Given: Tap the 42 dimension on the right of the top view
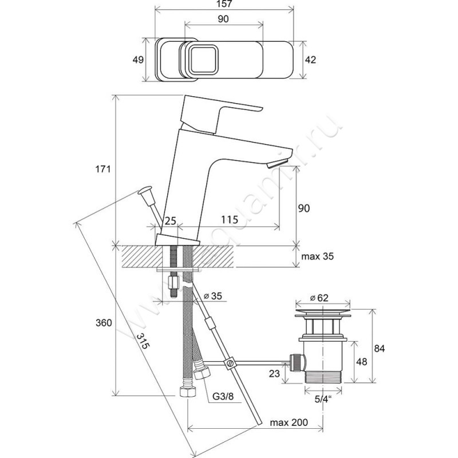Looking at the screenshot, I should [309, 59].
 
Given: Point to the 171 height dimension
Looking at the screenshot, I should [102, 170].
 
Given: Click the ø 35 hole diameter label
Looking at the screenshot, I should [213, 296].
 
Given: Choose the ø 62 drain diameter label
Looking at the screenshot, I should [320, 297].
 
